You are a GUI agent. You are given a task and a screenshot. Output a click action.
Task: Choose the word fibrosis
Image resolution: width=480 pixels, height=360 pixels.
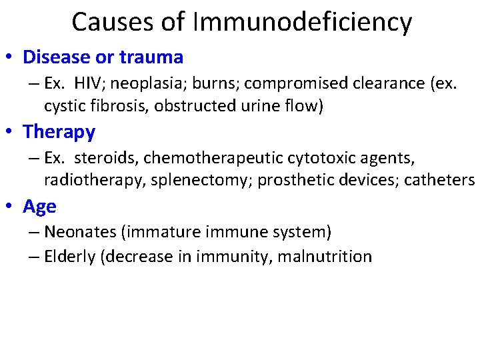(111, 106)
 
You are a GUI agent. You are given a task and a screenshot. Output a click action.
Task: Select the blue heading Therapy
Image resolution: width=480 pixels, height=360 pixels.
(59, 133)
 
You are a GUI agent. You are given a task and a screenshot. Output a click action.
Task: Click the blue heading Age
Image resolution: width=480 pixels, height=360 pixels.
(39, 207)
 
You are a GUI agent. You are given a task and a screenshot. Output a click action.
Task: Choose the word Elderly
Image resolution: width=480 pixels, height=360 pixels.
(65, 256)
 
